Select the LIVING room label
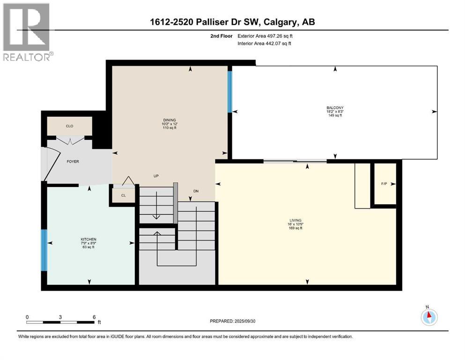295,220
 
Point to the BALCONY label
335,108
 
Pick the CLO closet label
70,126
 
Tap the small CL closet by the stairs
123,195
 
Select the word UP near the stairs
156,176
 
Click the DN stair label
196,191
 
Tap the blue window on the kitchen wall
44,250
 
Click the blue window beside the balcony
229,91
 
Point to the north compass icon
428,316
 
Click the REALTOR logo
27,33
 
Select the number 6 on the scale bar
94,317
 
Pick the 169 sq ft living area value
295,228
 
